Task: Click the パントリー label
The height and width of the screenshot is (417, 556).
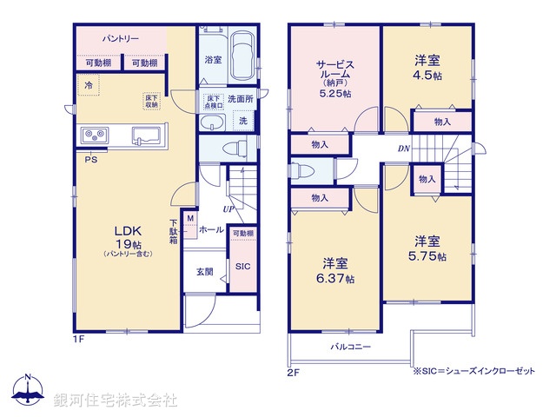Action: coord(121,39)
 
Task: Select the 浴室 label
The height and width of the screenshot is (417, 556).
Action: coord(213,60)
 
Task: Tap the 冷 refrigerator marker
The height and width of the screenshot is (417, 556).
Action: coord(89,85)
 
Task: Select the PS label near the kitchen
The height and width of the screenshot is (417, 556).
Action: coord(90,159)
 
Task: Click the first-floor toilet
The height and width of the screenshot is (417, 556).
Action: coord(232,149)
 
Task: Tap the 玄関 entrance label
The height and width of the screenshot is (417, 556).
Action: coord(204,272)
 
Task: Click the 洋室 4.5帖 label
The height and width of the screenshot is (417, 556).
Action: coord(425,67)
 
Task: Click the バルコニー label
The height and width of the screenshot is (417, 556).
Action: coord(350,347)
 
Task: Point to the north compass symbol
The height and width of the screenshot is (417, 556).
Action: coord(28,391)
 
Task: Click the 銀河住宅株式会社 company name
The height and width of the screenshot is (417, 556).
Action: coord(116,400)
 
